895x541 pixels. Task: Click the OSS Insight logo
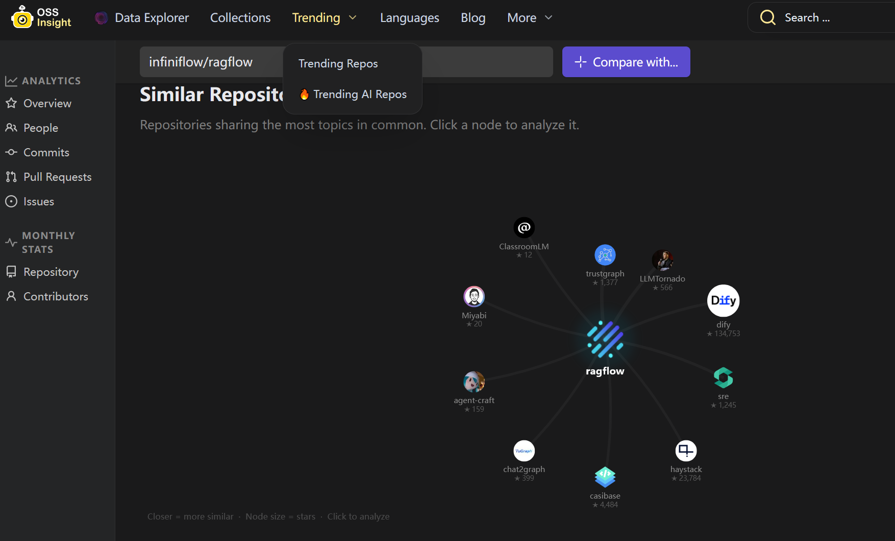[x=41, y=17]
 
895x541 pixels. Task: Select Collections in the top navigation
[x=240, y=18]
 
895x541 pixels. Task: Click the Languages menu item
[x=409, y=18]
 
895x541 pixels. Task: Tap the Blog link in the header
[x=473, y=18]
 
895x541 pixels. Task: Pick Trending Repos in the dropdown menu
[x=338, y=64]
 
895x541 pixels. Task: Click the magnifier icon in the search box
[x=767, y=17]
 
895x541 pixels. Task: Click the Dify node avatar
[x=723, y=300]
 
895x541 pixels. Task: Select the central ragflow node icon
[x=605, y=339]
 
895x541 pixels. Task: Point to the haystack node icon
[x=686, y=451]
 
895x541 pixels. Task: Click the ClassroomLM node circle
[x=524, y=228]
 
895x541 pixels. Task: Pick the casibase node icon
[x=605, y=477]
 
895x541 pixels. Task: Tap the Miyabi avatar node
[x=474, y=296]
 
